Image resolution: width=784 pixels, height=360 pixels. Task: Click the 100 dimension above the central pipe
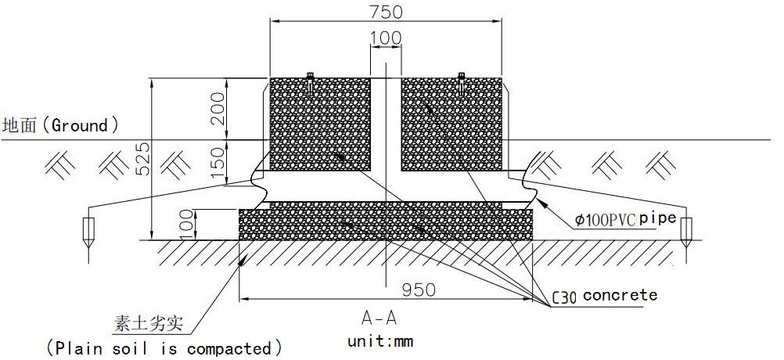(x=385, y=38)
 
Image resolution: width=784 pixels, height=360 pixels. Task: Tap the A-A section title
(x=379, y=318)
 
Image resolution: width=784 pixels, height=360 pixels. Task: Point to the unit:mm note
(x=380, y=341)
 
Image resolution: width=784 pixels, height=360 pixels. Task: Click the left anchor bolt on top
(x=311, y=84)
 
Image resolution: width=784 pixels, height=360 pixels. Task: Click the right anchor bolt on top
(x=461, y=84)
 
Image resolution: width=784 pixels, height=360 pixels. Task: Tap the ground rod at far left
(x=88, y=230)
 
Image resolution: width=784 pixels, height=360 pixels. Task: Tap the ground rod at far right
(x=687, y=230)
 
